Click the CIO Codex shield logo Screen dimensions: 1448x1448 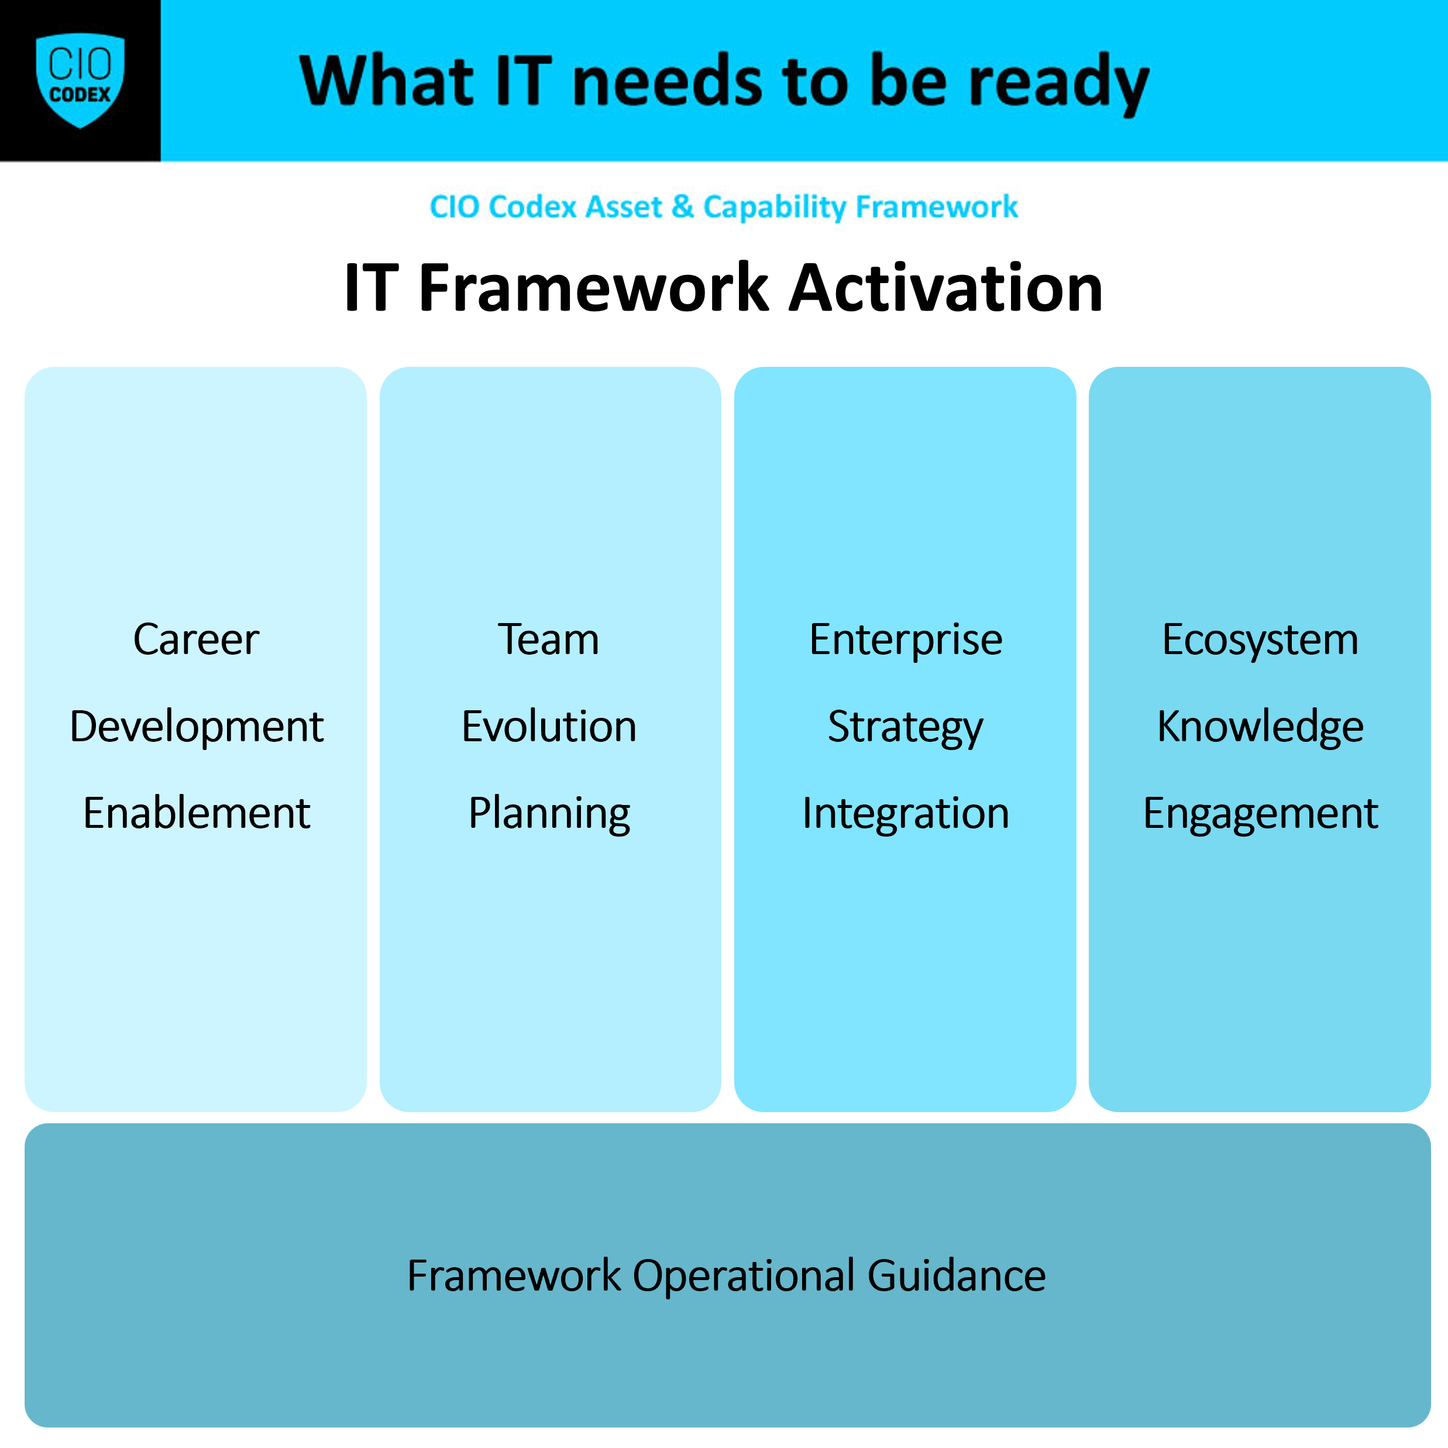coord(80,80)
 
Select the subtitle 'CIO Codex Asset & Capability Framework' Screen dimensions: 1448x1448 coord(723,207)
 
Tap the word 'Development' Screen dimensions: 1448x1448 coord(197,727)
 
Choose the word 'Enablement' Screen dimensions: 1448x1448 coord(197,813)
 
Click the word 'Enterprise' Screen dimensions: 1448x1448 coord(906,641)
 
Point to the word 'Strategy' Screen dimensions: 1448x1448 coord(906,728)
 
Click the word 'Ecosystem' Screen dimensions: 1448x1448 coord(1260,641)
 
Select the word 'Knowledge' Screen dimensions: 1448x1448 coord(1260,728)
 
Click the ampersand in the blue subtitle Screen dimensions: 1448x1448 coord(682,207)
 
